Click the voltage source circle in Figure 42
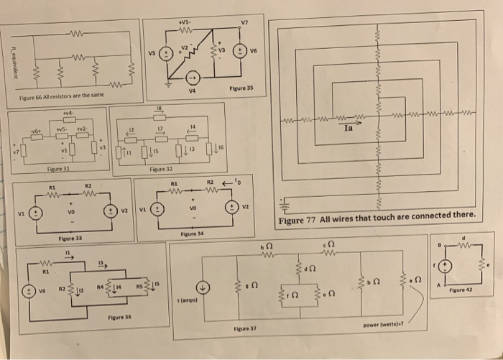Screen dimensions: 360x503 (448, 265)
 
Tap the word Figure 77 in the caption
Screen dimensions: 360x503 (298, 219)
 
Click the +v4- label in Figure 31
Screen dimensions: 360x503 (68, 114)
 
